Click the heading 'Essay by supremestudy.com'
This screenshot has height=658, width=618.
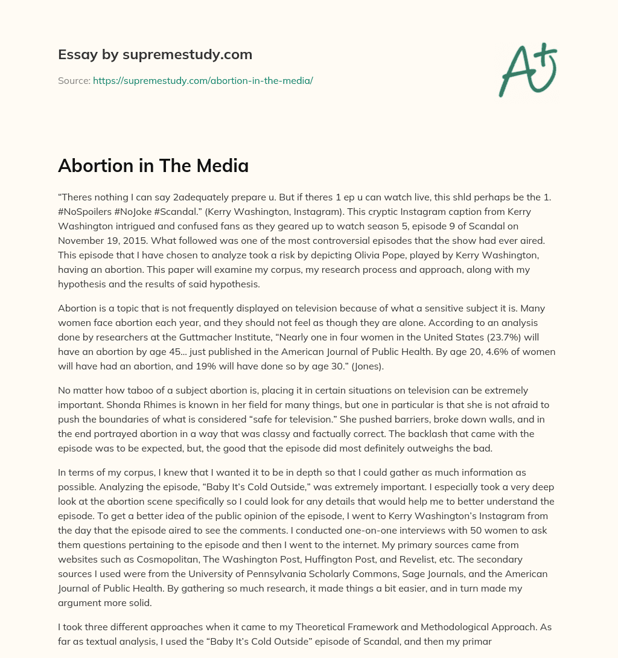[155, 55]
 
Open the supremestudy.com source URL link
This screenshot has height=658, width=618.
[203, 80]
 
